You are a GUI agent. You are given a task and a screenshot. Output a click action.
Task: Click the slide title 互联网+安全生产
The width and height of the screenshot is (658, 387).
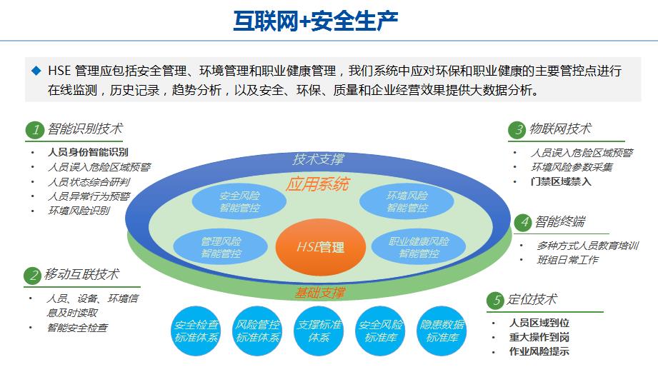316,21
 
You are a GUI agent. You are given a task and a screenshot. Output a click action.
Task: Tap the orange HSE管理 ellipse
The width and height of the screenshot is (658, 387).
320,247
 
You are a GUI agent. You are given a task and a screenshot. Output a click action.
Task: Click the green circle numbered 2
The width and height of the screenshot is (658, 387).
33,275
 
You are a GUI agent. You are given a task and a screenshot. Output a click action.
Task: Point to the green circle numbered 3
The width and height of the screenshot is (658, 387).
517,130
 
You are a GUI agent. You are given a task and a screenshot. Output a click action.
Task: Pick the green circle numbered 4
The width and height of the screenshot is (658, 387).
524,222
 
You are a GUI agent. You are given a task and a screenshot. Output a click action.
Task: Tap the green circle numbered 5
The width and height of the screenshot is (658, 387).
495,301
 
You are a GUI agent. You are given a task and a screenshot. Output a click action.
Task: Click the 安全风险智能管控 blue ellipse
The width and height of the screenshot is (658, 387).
239,202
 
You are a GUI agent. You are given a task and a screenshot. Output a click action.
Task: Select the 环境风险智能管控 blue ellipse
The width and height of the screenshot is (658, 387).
407,202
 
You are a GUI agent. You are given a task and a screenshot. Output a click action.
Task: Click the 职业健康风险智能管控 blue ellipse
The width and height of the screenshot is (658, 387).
419,247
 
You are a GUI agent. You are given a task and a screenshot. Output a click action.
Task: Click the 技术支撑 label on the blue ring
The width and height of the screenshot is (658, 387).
318,159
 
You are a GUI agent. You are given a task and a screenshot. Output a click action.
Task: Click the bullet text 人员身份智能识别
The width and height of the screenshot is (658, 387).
88,152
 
